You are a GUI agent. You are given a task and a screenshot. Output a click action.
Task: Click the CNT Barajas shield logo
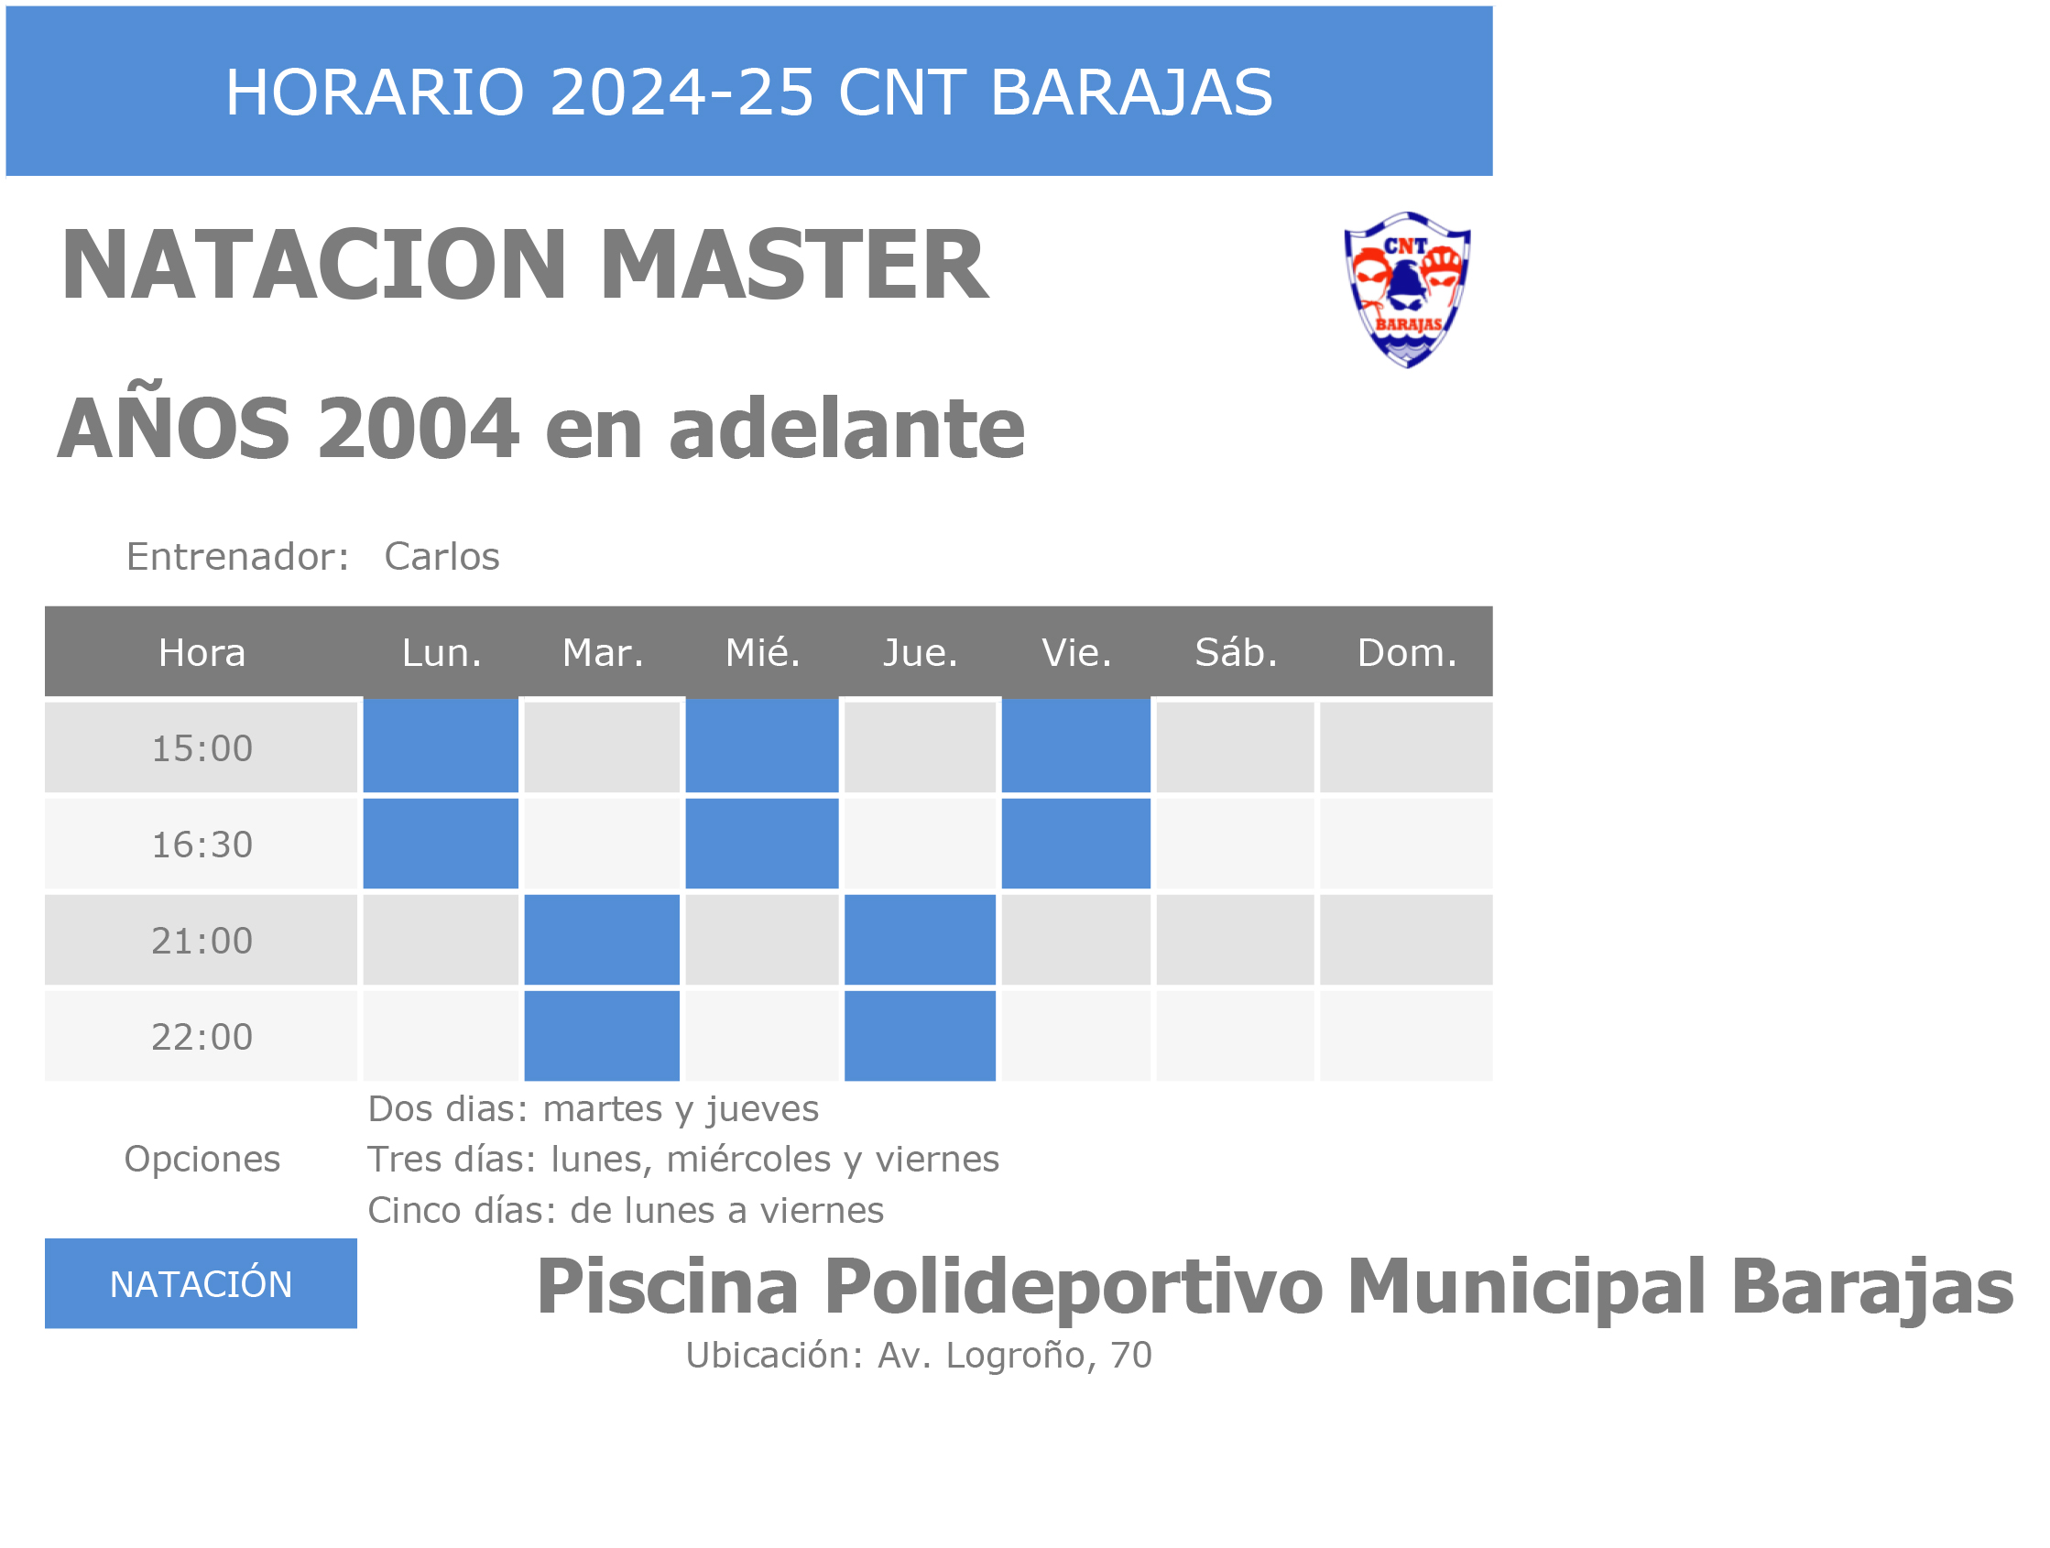click(1407, 290)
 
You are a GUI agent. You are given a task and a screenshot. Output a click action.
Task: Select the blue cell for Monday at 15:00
click(441, 746)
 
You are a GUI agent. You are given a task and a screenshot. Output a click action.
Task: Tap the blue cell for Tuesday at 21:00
click(602, 939)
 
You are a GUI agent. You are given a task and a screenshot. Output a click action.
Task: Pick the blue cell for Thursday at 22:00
click(920, 1035)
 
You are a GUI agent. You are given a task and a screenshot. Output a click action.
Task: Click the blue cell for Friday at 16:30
click(1075, 843)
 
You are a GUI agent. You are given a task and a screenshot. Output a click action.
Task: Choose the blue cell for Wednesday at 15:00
click(762, 746)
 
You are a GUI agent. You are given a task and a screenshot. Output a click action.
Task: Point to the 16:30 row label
click(202, 845)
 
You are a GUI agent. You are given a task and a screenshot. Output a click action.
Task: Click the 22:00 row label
click(202, 1036)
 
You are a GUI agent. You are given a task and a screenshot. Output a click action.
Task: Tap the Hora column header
click(202, 652)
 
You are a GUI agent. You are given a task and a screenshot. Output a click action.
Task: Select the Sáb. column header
click(1237, 652)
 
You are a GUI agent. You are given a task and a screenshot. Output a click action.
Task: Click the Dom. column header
click(1407, 652)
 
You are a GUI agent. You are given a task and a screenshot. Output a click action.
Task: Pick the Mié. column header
click(763, 652)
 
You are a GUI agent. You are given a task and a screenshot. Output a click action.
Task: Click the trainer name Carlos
click(442, 556)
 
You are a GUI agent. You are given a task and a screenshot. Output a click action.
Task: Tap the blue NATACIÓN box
click(202, 1283)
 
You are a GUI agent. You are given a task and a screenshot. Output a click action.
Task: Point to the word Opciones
click(202, 1160)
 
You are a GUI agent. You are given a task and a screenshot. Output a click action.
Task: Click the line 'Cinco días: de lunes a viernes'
click(626, 1210)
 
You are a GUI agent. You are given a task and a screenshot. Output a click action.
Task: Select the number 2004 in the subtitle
click(417, 429)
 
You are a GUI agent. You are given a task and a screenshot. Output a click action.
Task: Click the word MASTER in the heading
click(794, 265)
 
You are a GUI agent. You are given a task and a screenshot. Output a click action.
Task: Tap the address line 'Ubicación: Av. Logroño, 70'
click(919, 1356)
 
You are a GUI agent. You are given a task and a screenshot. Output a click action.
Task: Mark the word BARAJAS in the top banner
click(1131, 93)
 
